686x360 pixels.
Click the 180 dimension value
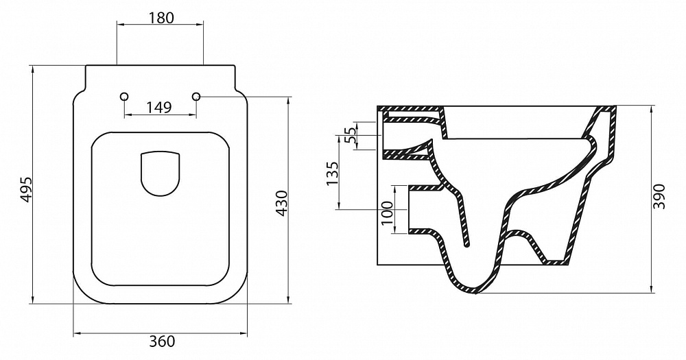tap(161, 18)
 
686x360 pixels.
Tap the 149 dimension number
tap(159, 107)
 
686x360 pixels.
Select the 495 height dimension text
tap(27, 189)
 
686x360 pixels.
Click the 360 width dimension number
tap(162, 341)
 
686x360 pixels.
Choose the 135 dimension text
tap(333, 173)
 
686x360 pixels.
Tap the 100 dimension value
tap(387, 213)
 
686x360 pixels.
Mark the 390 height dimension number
tap(659, 197)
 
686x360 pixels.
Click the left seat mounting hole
tap(125, 96)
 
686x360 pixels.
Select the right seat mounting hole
tap(196, 96)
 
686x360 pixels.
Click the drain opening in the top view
tap(161, 173)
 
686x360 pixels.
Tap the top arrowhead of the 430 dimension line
tap(288, 100)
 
